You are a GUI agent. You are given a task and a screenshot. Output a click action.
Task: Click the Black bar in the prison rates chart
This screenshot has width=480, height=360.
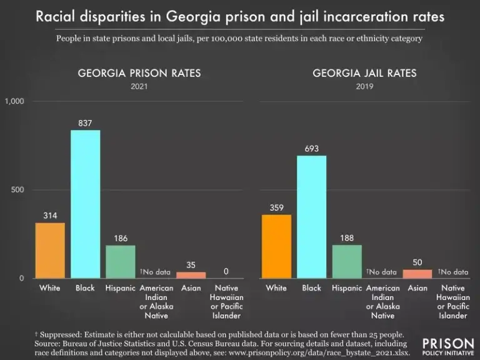(x=85, y=204)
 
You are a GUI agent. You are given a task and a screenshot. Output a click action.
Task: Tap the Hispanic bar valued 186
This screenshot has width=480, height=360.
(x=120, y=261)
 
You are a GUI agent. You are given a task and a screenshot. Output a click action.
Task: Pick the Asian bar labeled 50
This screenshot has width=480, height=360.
(x=417, y=274)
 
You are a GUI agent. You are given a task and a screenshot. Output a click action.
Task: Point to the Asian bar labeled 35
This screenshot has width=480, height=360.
(x=191, y=275)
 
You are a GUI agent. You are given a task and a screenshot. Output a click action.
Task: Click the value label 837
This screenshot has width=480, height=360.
(x=85, y=123)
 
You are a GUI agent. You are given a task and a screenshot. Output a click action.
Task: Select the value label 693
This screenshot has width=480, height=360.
(x=311, y=149)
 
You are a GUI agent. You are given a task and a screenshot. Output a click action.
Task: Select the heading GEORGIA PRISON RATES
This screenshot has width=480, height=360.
(x=139, y=73)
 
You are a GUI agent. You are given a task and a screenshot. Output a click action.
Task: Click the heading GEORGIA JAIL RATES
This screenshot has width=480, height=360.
(x=365, y=73)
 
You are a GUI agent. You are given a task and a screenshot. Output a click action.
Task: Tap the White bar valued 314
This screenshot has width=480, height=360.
(x=50, y=250)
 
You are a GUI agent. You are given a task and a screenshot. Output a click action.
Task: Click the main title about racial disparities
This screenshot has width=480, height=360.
(x=240, y=17)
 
